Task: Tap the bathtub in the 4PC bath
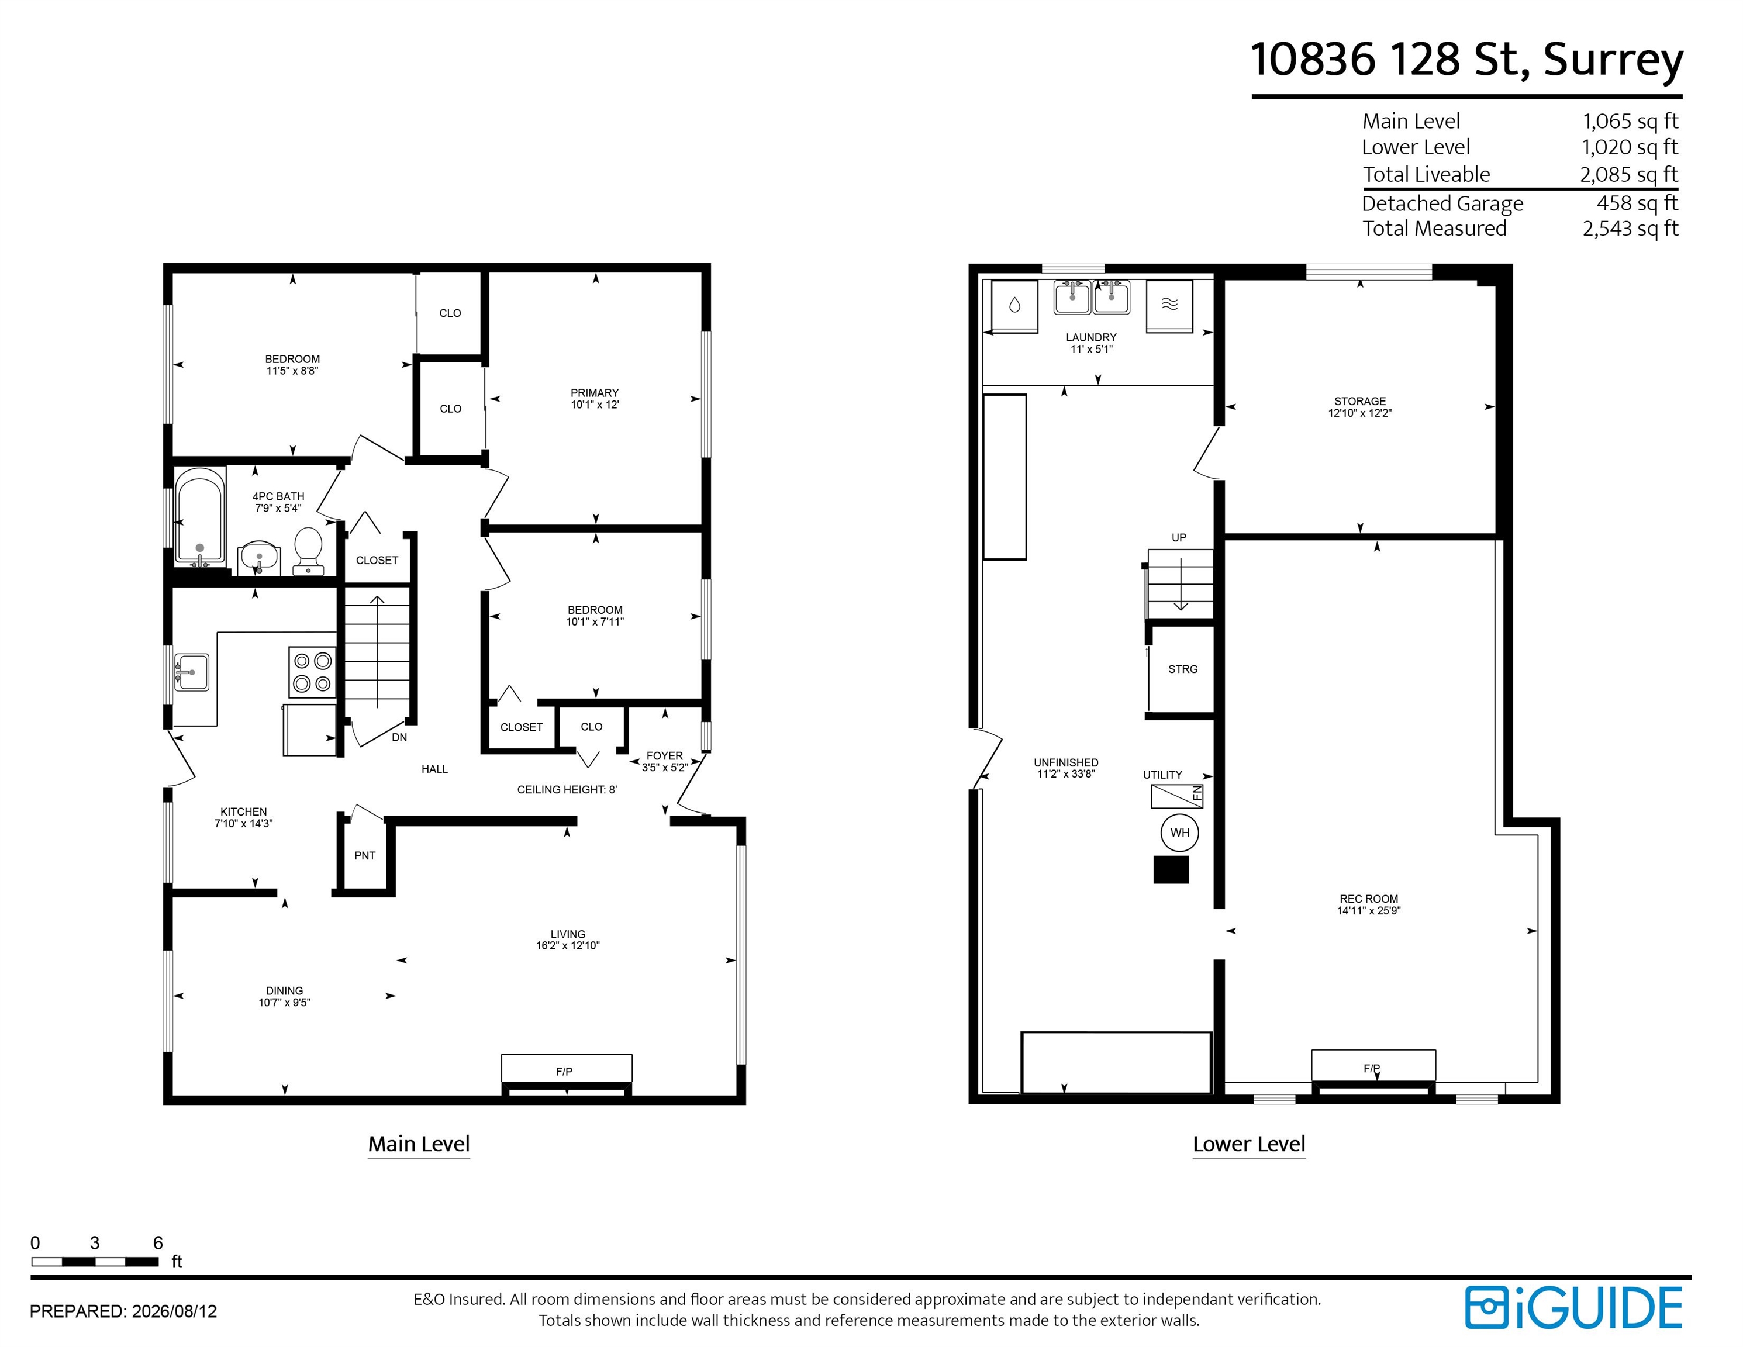tap(199, 517)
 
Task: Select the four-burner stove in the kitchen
tap(312, 672)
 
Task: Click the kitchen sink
tap(192, 672)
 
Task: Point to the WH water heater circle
tap(1179, 833)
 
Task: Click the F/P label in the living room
tap(564, 1071)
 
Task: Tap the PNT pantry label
tap(365, 855)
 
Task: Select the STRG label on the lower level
tap(1183, 669)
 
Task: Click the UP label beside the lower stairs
tap(1179, 537)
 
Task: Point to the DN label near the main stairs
tap(399, 737)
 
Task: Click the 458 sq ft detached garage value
tap(1637, 203)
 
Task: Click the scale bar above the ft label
tap(95, 1262)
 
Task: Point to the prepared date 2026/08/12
tap(174, 1311)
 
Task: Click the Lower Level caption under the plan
tap(1249, 1144)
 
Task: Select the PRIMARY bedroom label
tap(595, 393)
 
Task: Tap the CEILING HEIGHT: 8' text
tap(567, 789)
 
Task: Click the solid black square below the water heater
tap(1171, 870)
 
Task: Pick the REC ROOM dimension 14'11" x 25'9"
tap(1369, 910)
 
